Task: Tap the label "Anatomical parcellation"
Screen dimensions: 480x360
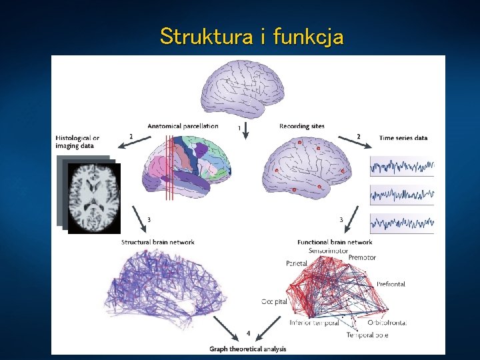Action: [x=183, y=126]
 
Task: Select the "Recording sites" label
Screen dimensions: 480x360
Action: [x=302, y=126]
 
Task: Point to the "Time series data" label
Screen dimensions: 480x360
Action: [x=403, y=138]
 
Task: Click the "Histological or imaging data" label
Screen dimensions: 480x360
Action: [x=78, y=142]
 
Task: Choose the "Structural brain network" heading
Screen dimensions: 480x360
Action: [x=154, y=241]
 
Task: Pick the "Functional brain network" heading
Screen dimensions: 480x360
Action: [x=335, y=242]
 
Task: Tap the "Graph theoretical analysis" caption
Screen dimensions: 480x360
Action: [x=247, y=349]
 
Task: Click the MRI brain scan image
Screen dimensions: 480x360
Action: [x=94, y=197]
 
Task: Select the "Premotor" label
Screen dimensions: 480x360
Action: [x=362, y=258]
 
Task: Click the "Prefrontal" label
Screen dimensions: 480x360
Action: [x=391, y=285]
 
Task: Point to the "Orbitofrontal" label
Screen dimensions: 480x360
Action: [x=387, y=323]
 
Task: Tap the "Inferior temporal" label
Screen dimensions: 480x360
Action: [x=314, y=323]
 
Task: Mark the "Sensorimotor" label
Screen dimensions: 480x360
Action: [x=328, y=251]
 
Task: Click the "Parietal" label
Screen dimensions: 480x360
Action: [x=297, y=263]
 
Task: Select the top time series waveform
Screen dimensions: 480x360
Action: [x=402, y=165]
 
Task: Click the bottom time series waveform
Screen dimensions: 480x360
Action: [x=402, y=223]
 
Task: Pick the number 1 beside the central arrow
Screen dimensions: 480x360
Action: [x=239, y=127]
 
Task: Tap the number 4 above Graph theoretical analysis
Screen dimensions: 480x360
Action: [x=247, y=332]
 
